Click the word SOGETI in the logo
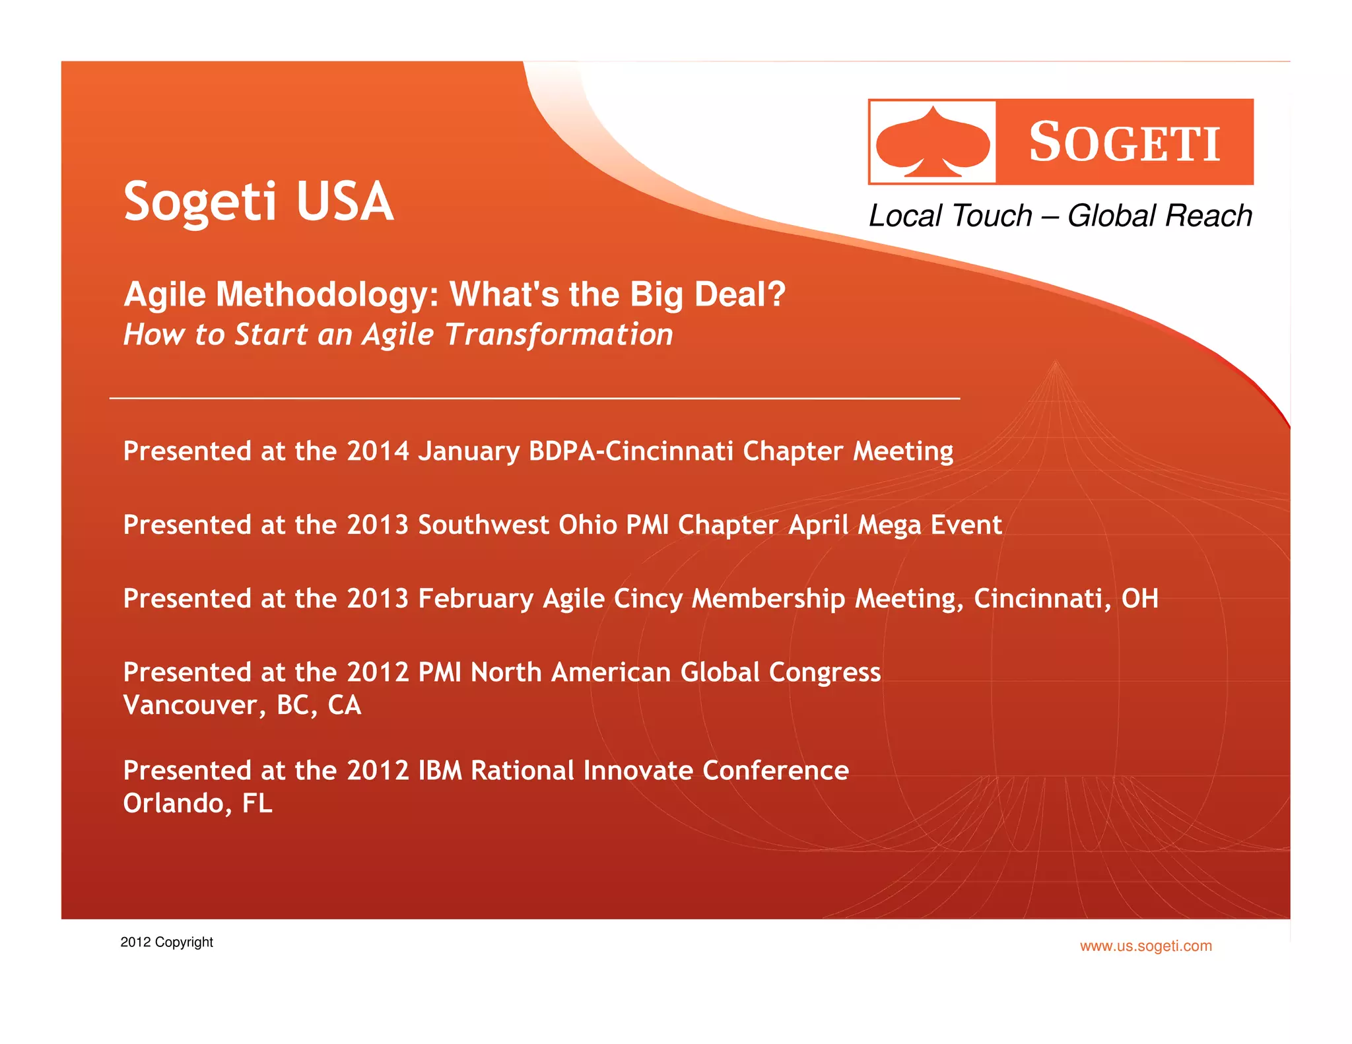[1124, 143]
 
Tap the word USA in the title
[345, 201]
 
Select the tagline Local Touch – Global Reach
[1060, 216]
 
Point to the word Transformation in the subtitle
[558, 335]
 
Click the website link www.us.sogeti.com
[1145, 946]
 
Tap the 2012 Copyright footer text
[166, 942]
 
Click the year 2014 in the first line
[378, 451]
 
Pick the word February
[475, 599]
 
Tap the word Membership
[768, 599]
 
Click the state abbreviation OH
[1139, 599]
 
